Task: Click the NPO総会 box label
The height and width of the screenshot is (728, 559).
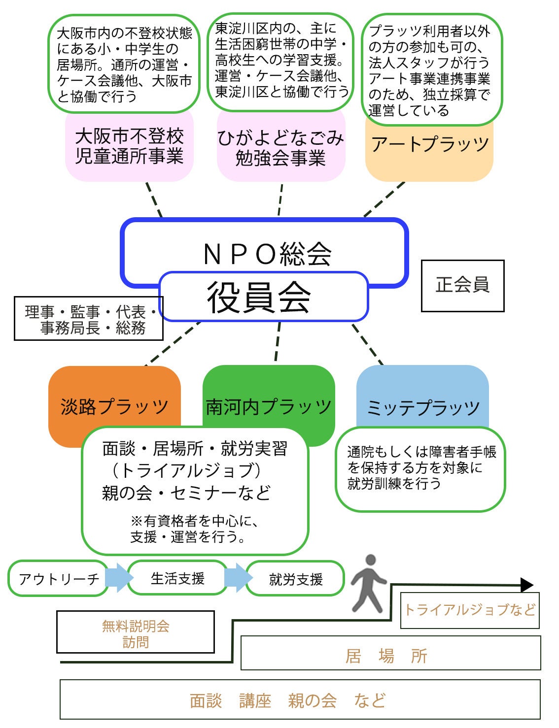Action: point(267,253)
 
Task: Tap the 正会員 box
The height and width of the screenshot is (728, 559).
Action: point(462,286)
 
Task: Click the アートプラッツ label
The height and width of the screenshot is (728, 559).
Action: point(429,145)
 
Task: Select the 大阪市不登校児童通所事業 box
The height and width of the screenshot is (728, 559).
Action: point(129,146)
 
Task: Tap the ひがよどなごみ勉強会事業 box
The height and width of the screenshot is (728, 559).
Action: point(281,148)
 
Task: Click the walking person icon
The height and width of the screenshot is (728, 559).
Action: point(368,584)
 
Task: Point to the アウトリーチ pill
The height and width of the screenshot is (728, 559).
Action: point(58,578)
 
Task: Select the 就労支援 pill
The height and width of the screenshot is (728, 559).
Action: point(295,579)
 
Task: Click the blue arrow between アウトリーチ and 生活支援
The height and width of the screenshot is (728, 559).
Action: point(118,578)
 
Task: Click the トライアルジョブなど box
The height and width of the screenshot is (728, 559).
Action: point(469,610)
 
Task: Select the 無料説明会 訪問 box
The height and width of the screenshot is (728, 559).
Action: point(136,632)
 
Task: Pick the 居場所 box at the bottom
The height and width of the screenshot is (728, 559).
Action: point(390,653)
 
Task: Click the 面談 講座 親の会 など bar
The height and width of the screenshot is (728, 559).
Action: point(300,700)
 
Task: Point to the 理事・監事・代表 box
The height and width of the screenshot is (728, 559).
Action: point(89,319)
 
